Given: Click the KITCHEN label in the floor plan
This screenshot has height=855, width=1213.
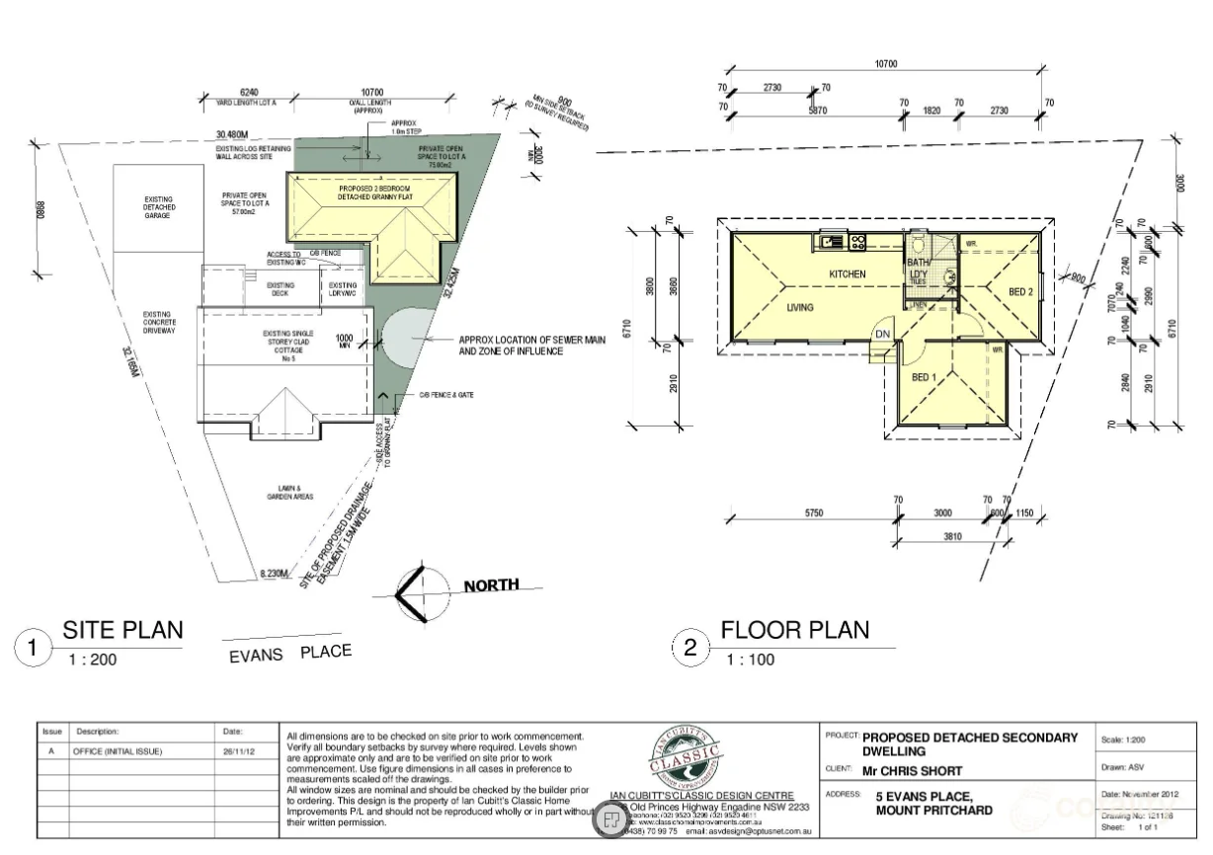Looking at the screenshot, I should click(847, 273).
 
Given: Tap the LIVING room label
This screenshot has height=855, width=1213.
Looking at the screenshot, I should click(800, 308).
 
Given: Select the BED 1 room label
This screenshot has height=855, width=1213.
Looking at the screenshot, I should click(924, 377).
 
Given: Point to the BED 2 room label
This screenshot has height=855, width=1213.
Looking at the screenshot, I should click(1020, 291).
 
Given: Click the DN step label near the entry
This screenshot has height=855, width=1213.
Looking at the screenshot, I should click(882, 334).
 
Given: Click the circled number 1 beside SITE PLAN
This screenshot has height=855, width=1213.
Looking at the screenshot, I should click(33, 649).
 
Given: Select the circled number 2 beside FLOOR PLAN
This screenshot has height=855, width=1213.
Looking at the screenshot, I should click(690, 649).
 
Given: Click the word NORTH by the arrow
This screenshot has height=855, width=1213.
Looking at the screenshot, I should click(491, 584).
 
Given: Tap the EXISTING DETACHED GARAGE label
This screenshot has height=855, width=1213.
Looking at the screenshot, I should click(158, 207).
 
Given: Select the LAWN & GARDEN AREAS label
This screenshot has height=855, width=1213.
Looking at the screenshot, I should click(289, 493).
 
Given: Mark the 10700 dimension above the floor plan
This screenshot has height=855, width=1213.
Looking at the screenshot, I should click(885, 64).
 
